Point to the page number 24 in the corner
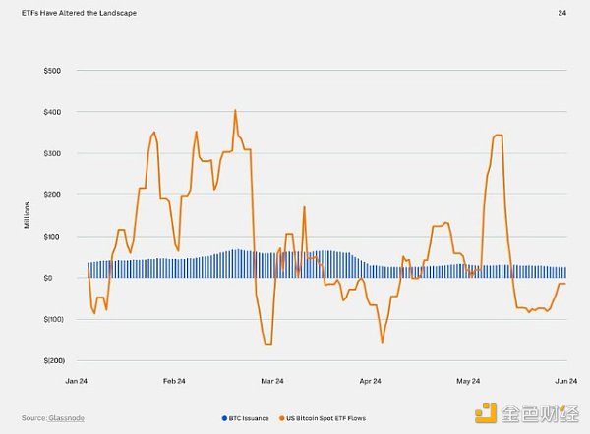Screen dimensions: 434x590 (x=561, y=13)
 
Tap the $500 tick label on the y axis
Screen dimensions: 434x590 (x=51, y=71)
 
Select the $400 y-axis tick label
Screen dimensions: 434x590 (x=51, y=112)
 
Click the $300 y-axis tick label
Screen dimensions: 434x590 (x=51, y=153)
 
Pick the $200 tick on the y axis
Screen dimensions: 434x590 (x=51, y=194)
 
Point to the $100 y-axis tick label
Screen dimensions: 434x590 (x=51, y=236)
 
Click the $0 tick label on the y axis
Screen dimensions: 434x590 (x=56, y=278)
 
